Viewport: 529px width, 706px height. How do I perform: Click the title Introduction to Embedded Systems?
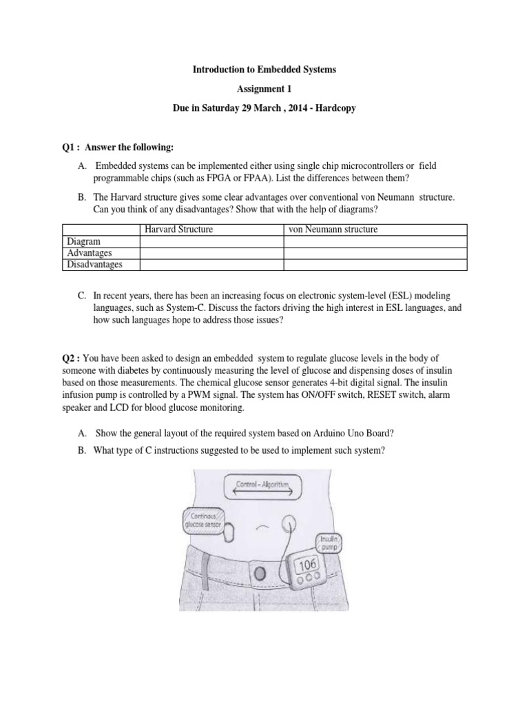click(x=264, y=71)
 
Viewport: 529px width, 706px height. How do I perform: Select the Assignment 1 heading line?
click(x=264, y=90)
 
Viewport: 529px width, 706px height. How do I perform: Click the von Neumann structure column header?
click(x=333, y=230)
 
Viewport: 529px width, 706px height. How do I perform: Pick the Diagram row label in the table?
click(x=83, y=242)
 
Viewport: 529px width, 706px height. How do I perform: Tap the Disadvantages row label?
click(x=94, y=264)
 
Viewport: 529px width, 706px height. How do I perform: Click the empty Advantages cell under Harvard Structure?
click(x=211, y=253)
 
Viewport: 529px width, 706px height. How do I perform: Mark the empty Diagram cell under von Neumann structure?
click(x=375, y=242)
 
